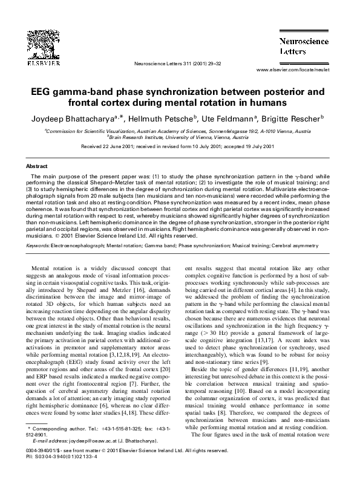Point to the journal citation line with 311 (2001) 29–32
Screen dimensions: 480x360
click(x=179, y=63)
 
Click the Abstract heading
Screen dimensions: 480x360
click(x=37, y=165)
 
